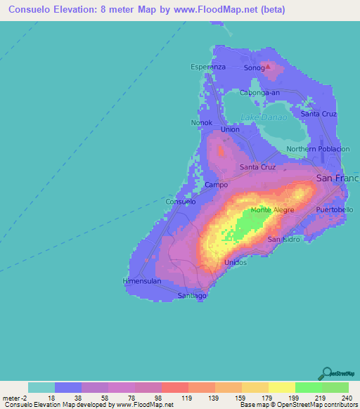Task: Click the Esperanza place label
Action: point(208,67)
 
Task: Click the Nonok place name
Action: point(201,122)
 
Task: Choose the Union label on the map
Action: point(230,129)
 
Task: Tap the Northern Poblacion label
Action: point(318,149)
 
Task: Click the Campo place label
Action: point(215,185)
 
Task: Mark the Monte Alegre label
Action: point(272,209)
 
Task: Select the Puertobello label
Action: point(335,210)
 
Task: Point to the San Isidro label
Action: point(284,240)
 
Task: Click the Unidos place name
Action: point(235,262)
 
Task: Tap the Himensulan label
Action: point(142,281)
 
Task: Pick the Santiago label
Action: point(192,296)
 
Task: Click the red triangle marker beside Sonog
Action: point(266,67)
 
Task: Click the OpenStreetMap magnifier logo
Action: point(327,372)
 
